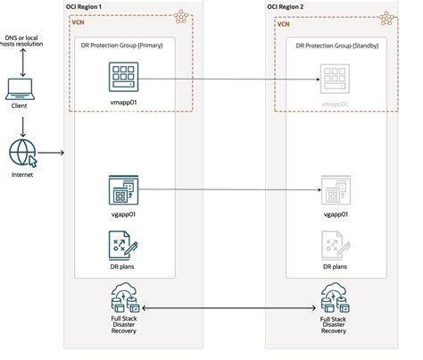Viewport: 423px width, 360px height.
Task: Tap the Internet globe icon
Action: point(21,151)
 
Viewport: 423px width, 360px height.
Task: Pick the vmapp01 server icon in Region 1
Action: point(121,77)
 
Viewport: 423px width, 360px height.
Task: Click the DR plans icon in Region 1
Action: point(121,243)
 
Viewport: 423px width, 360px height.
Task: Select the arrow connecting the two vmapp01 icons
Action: point(228,80)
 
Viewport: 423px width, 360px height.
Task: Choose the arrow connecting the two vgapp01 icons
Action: point(228,190)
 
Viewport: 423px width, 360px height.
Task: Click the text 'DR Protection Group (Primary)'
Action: point(121,46)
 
